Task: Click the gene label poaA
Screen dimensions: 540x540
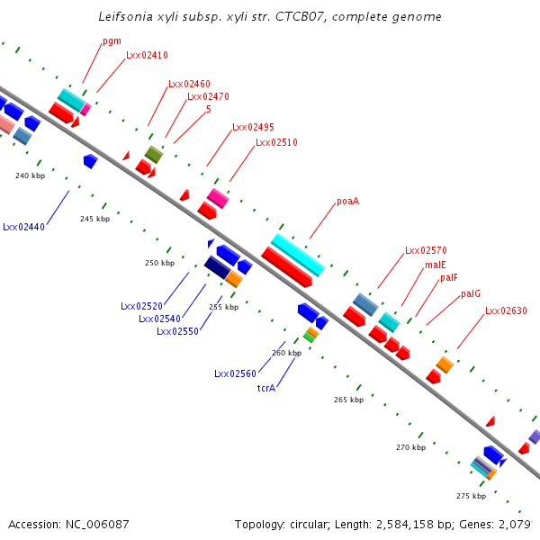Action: click(x=347, y=201)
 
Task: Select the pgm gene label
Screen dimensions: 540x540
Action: click(x=112, y=40)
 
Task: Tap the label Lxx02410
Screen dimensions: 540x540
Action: click(x=147, y=55)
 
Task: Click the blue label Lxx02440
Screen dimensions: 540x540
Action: click(x=23, y=227)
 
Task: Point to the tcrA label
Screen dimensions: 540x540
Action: click(x=265, y=388)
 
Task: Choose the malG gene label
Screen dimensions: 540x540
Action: click(x=471, y=293)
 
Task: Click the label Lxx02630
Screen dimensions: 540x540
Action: click(x=506, y=311)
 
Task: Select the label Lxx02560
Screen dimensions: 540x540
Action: click(x=235, y=373)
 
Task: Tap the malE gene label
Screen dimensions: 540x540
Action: click(x=436, y=265)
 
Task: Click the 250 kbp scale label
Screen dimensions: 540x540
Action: click(x=159, y=263)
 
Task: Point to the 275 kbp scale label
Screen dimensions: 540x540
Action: click(x=471, y=496)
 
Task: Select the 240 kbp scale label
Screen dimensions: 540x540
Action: click(x=30, y=175)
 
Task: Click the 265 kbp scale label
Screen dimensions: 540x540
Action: click(x=348, y=399)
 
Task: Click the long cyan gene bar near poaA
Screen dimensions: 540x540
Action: click(x=298, y=255)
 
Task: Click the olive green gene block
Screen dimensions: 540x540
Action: click(x=154, y=155)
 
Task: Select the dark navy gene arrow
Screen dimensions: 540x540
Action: click(x=217, y=267)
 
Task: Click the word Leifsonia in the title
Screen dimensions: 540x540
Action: click(x=125, y=17)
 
